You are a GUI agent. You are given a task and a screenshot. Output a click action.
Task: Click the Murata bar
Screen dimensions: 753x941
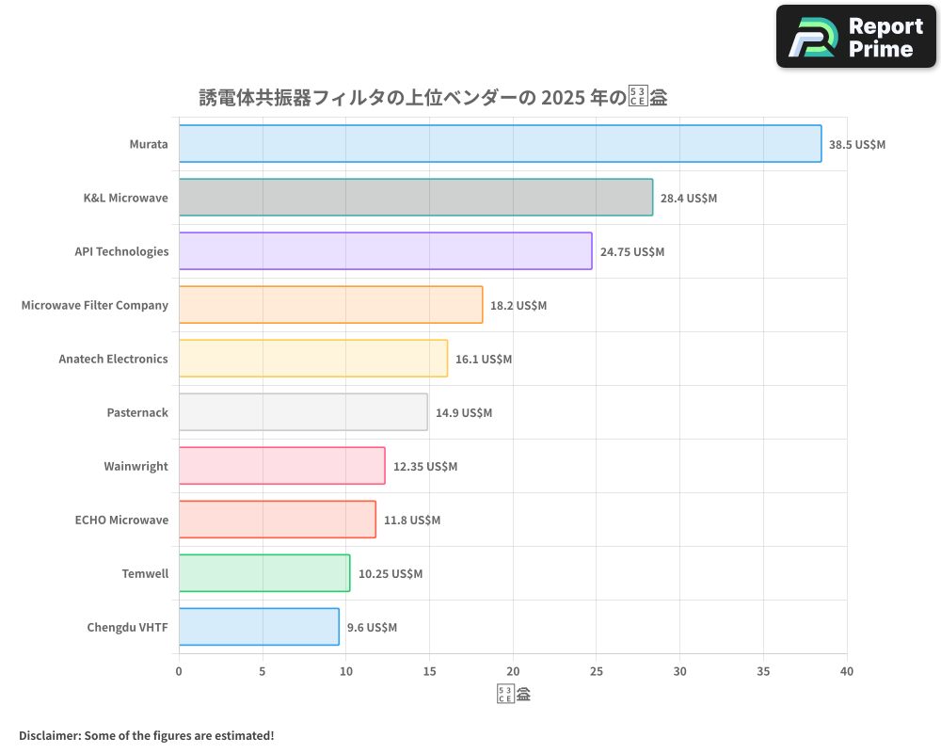point(500,144)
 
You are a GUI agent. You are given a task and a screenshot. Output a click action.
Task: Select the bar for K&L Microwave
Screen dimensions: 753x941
point(415,198)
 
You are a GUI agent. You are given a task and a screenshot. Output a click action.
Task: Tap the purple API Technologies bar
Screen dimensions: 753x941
point(385,251)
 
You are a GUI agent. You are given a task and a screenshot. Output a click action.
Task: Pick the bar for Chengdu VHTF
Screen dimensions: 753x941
point(259,627)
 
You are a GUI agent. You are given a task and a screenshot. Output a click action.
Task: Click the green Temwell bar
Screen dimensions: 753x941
point(263,573)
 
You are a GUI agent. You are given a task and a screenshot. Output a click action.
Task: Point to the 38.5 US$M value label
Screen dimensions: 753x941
point(857,145)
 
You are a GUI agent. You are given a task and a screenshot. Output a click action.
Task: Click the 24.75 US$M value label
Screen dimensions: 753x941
point(632,252)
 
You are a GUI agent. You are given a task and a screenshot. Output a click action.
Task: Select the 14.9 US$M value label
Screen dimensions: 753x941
point(464,413)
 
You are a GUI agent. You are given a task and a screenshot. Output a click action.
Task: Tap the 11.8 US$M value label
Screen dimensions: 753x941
point(412,521)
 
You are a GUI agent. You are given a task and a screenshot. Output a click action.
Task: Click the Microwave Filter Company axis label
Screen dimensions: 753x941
point(95,305)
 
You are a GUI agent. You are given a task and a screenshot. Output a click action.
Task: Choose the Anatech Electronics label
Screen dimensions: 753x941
point(113,359)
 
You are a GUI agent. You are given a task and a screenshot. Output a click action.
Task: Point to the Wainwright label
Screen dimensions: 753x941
point(136,466)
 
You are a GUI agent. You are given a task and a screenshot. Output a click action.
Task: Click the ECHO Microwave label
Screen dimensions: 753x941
point(121,520)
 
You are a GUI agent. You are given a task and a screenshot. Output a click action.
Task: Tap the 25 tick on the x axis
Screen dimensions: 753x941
point(597,671)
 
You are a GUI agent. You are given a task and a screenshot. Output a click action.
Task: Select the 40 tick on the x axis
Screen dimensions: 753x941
point(847,671)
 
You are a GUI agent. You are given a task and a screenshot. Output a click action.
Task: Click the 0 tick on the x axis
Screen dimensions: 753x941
point(179,671)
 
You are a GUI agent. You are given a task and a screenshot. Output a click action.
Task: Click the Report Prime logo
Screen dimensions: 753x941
point(856,37)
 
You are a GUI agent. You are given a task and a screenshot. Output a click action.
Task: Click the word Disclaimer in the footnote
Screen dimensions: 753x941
point(48,735)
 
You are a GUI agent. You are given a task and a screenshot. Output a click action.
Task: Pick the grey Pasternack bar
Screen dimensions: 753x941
point(303,412)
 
